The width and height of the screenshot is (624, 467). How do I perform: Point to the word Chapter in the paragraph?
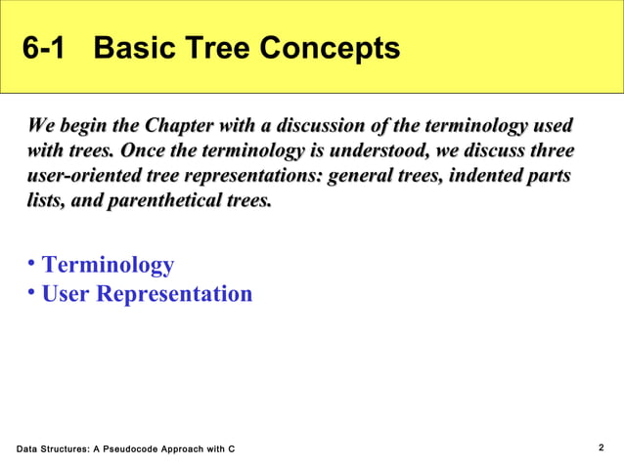tap(183, 127)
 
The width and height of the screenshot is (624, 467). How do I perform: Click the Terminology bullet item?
tap(108, 265)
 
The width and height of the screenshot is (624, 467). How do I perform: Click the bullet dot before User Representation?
tap(32, 291)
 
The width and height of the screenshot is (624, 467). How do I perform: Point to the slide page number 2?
tap(601, 447)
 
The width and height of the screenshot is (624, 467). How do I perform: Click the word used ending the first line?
tap(550, 127)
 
